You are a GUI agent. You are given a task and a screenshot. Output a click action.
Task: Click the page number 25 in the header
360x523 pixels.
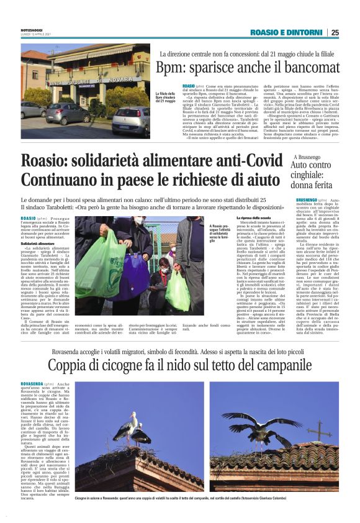point(335,32)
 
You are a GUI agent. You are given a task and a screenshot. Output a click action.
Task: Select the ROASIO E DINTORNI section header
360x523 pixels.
point(286,32)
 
